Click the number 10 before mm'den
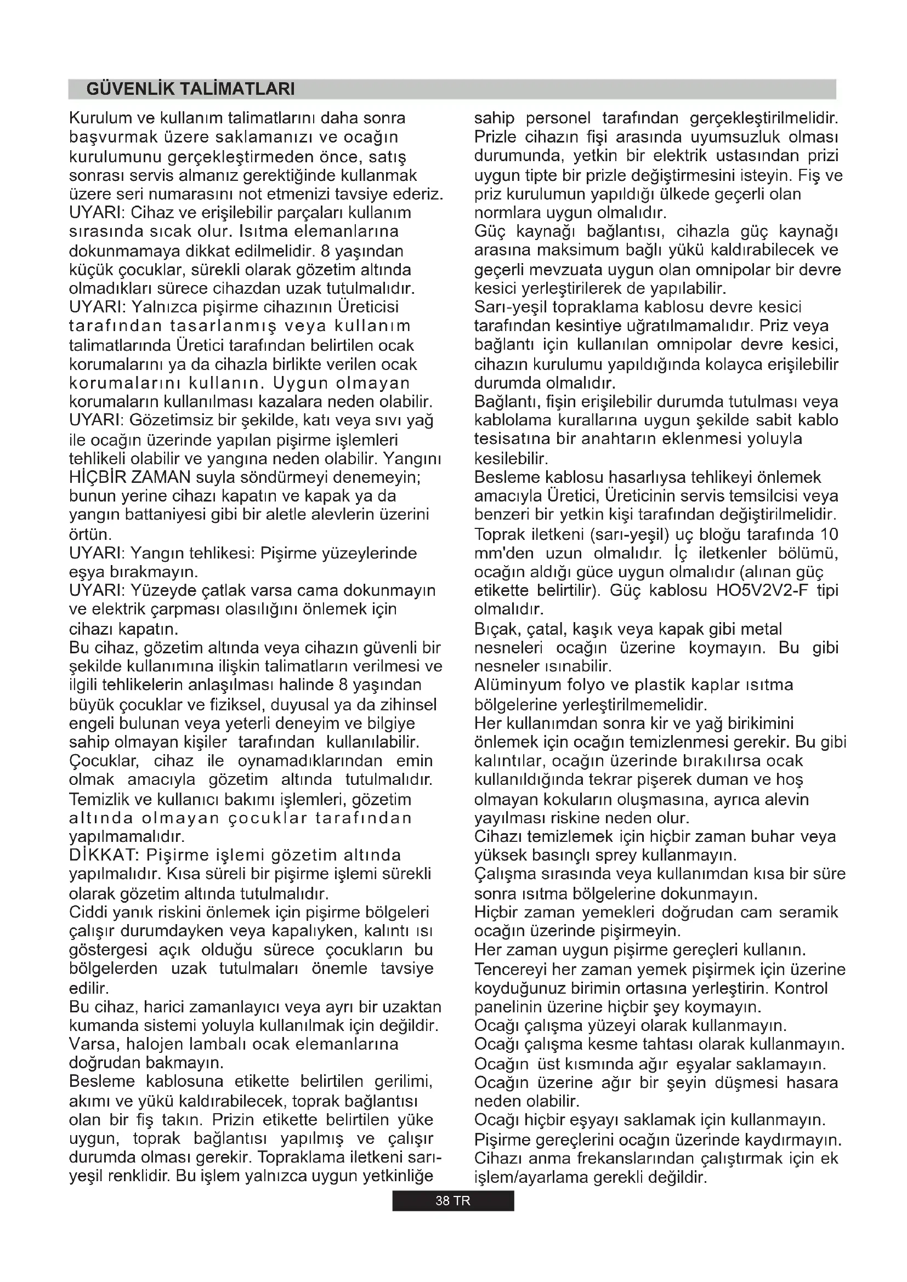[x=829, y=534]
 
